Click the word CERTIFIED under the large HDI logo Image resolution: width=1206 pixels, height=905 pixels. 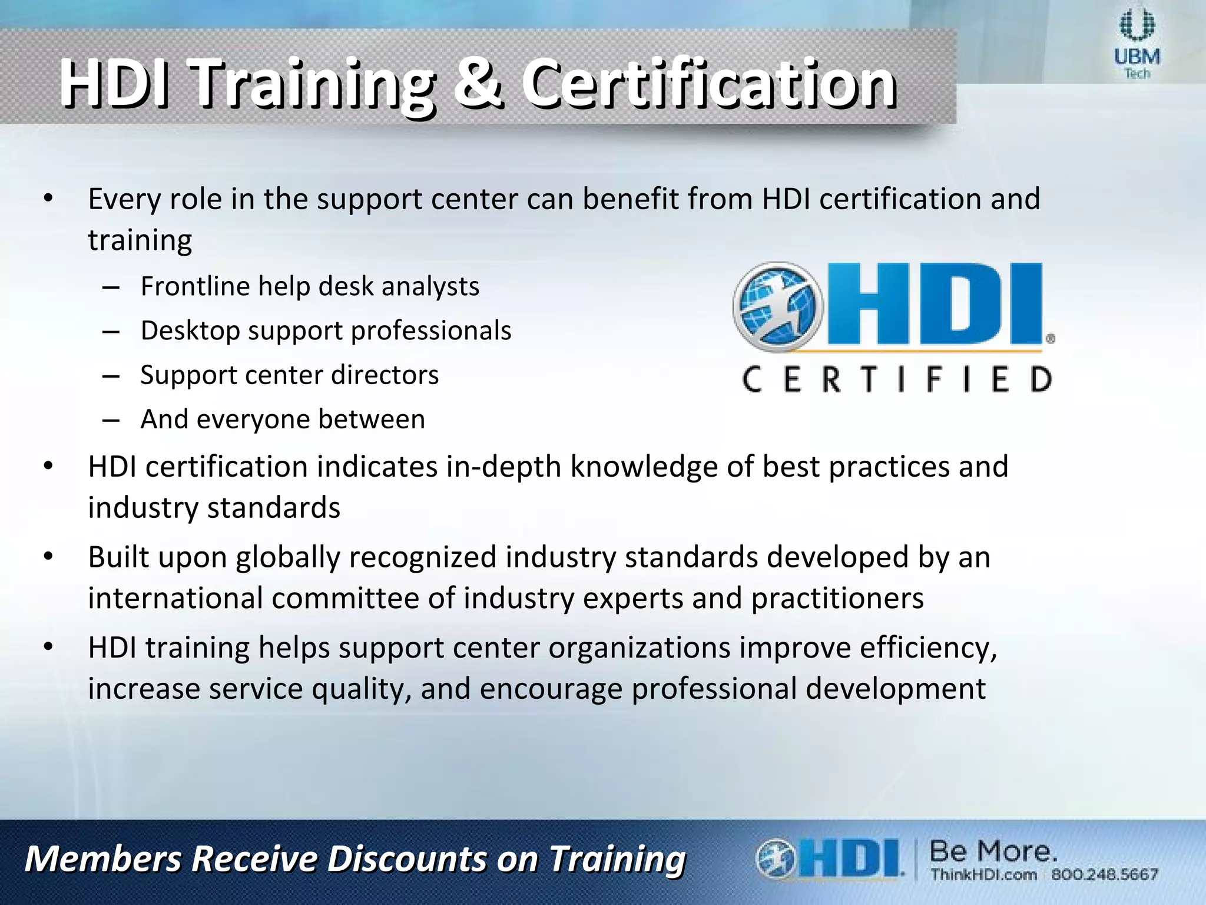point(896,379)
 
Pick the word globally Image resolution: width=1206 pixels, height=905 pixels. point(288,558)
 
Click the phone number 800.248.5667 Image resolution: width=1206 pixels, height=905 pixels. point(1104,874)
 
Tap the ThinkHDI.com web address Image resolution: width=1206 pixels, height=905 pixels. point(983,874)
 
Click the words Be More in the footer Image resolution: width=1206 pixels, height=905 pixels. point(993,851)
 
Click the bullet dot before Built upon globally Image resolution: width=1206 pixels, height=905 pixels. point(49,557)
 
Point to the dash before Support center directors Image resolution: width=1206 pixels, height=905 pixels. point(110,376)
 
